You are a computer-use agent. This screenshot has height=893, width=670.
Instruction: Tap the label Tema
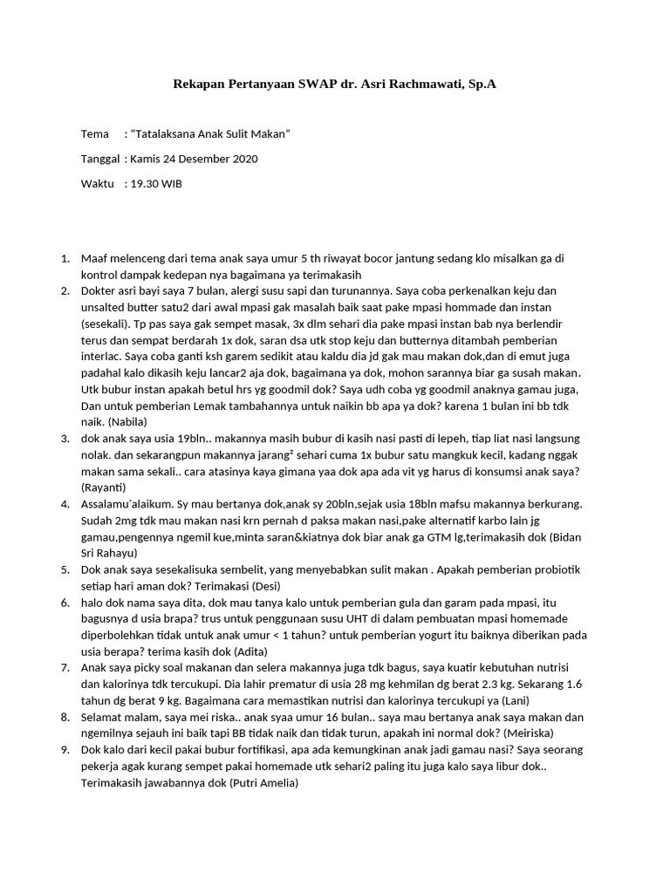click(94, 134)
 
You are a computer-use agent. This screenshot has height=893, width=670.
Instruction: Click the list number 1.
click(65, 259)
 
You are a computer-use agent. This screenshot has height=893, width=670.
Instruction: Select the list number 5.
click(65, 569)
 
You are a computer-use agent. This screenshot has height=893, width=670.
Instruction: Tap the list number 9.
click(65, 751)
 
